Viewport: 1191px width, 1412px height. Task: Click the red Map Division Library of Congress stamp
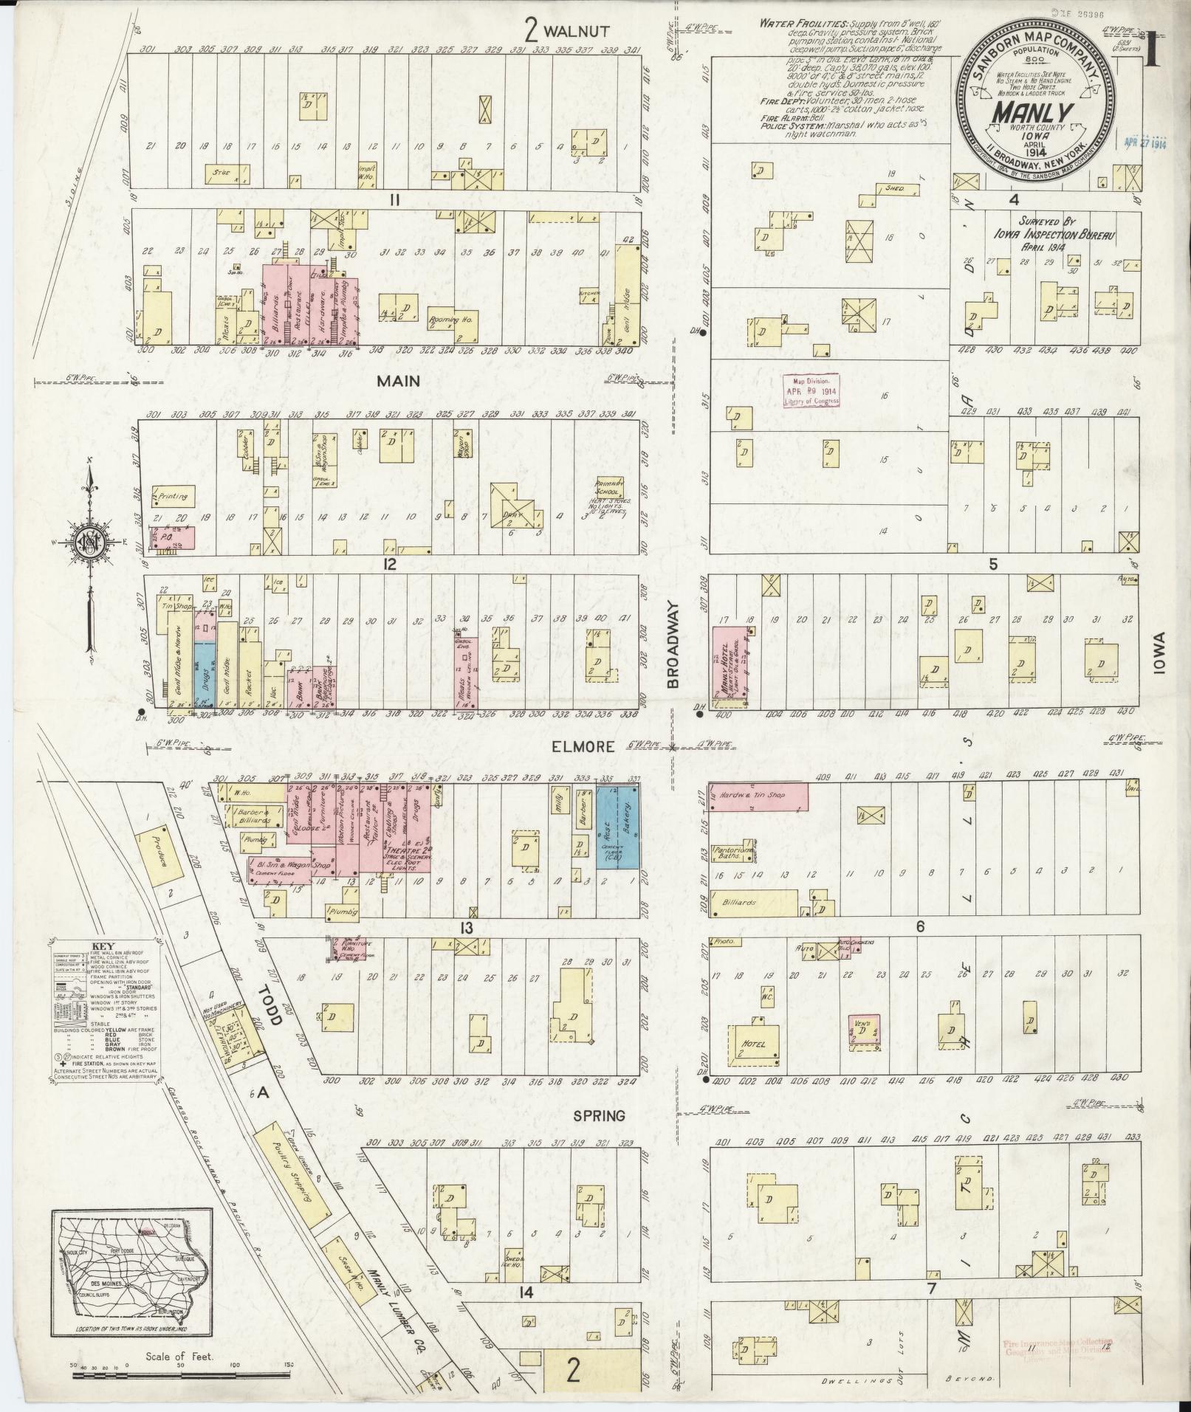pos(811,390)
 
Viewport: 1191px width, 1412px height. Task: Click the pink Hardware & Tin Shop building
pos(758,797)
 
